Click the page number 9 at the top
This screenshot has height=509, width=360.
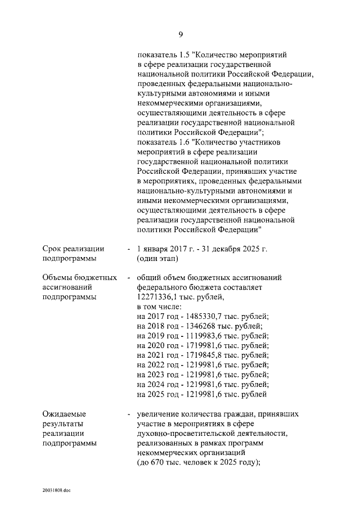click(180, 35)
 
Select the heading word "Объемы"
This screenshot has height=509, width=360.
click(57, 278)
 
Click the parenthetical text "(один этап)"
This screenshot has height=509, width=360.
click(157, 259)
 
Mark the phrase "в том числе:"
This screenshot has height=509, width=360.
click(159, 307)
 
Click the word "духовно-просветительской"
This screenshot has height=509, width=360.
click(183, 434)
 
